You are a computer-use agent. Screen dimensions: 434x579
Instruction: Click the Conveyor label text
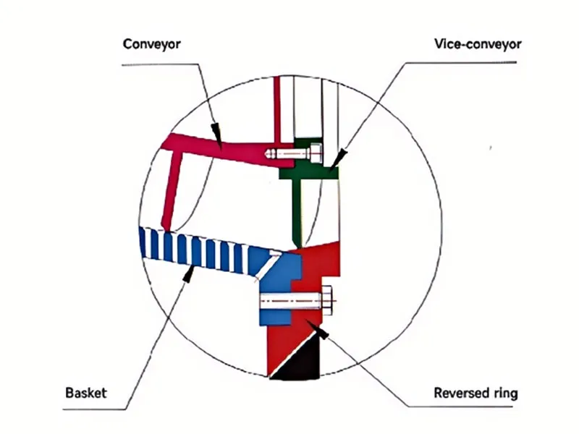pyautogui.click(x=151, y=43)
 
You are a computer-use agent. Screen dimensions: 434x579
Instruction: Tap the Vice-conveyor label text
pyautogui.click(x=477, y=43)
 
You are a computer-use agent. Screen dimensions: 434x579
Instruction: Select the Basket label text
pyautogui.click(x=86, y=393)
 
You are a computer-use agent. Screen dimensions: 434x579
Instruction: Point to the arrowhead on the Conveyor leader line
pyautogui.click(x=216, y=132)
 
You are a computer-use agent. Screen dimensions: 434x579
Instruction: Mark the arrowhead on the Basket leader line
pyautogui.click(x=190, y=272)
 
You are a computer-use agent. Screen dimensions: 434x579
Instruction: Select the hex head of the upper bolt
pyautogui.click(x=316, y=153)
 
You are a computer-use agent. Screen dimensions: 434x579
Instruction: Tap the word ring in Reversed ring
pyautogui.click(x=505, y=394)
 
